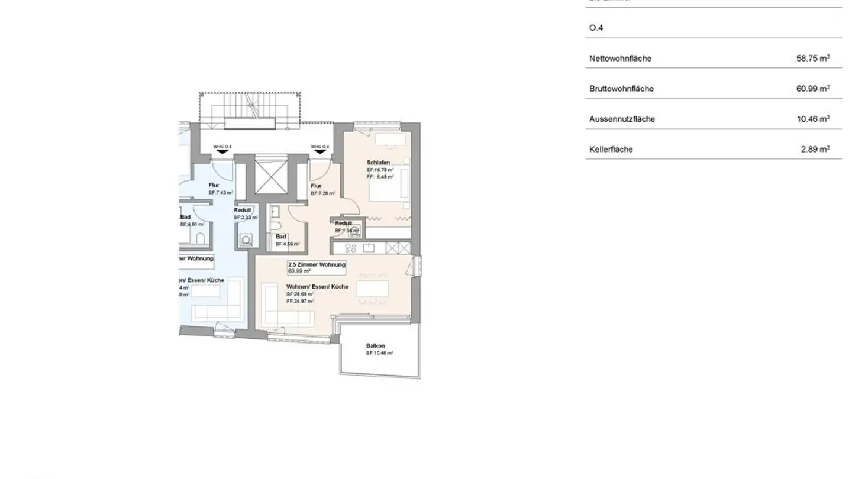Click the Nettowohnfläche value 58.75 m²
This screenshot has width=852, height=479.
[812, 58]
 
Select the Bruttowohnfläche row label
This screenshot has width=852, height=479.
[621, 89]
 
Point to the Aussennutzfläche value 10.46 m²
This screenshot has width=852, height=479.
[812, 119]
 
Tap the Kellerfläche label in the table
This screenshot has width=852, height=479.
[611, 150]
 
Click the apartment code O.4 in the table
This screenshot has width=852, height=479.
[596, 28]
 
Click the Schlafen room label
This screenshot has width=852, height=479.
[378, 163]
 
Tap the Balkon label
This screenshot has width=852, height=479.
[376, 346]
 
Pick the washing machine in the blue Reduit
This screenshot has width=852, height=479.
[246, 241]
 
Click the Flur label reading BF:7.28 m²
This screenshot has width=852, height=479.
[323, 189]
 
